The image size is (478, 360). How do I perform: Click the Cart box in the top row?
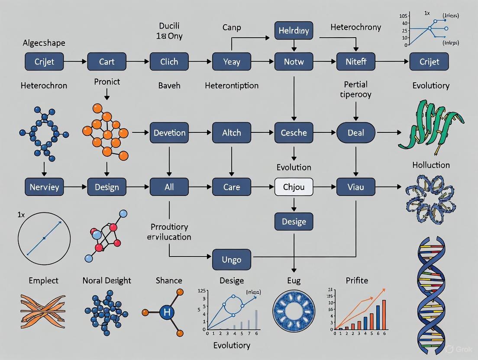(107, 61)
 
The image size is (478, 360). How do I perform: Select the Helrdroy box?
(294, 31)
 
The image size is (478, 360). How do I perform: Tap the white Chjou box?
(294, 187)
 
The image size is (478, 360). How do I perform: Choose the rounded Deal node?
(356, 132)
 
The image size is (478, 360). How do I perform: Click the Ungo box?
(232, 260)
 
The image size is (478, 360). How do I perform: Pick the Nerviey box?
(44, 187)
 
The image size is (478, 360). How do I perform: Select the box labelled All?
(169, 187)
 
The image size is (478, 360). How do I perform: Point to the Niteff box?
(356, 61)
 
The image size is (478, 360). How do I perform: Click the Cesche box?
(294, 132)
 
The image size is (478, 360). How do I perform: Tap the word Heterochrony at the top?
(355, 27)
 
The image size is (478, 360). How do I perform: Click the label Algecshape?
(44, 43)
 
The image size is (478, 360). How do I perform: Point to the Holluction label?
(431, 165)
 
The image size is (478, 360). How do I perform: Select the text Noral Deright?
(107, 280)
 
